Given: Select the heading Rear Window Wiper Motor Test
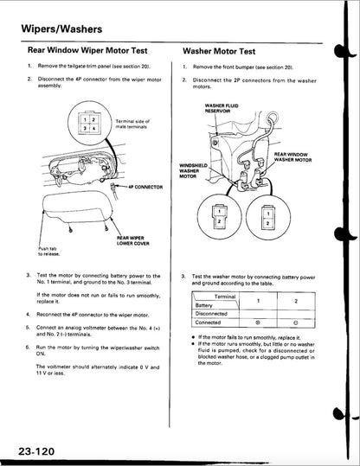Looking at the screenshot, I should coord(90,51).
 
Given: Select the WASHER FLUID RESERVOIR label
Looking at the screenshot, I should coord(209,109).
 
